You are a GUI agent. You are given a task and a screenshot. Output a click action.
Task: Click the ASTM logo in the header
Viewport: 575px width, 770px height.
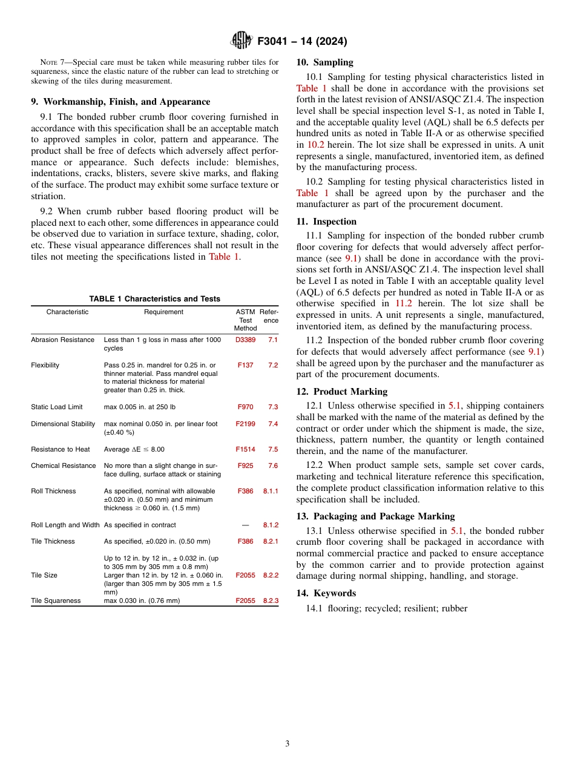pos(241,41)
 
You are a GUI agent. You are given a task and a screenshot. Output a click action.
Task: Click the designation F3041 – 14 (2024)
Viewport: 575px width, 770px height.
pos(302,42)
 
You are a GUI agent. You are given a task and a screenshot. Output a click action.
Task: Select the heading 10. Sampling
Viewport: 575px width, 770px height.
pos(324,62)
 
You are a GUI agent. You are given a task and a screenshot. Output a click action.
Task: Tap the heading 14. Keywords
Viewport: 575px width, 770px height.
pos(326,593)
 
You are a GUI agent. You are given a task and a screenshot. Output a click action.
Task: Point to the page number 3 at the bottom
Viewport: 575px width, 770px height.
pos(287,743)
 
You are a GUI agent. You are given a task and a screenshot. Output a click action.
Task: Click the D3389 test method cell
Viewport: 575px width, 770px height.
pos(245,340)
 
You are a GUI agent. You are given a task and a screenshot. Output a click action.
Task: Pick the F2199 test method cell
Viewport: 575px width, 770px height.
pos(245,424)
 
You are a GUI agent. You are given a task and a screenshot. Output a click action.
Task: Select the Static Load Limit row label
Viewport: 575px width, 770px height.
pos(57,407)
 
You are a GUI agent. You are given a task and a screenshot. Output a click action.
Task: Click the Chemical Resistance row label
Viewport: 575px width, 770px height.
pos(64,466)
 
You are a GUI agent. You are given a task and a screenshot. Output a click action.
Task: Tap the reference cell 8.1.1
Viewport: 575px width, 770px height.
pos(271,492)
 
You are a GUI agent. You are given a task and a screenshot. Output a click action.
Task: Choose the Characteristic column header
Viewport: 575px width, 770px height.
pos(67,312)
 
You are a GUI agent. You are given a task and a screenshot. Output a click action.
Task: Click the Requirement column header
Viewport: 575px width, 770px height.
pos(163,312)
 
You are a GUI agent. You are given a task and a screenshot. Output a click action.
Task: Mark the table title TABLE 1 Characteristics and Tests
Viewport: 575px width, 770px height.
pos(154,299)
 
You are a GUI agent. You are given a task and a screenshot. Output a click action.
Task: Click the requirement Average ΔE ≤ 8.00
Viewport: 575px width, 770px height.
pos(134,450)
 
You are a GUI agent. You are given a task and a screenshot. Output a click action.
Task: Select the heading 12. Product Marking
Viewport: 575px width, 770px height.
pos(341,392)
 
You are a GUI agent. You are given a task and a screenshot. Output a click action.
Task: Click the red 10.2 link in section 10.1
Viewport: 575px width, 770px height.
pos(315,145)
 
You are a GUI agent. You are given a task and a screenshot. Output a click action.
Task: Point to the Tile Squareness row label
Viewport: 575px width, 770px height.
pos(56,601)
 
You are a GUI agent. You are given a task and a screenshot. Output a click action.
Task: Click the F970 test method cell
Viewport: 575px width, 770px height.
pos(245,407)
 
